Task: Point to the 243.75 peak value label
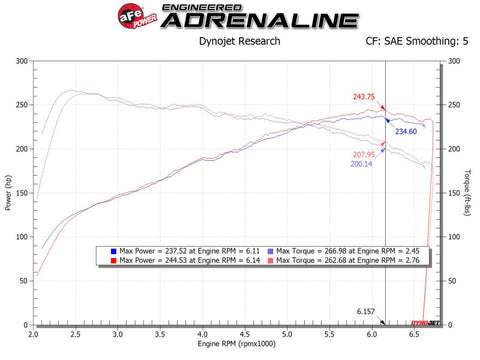364,96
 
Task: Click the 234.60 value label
406,131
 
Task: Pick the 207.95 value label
366,154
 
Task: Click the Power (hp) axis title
8,192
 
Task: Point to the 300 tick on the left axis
22,61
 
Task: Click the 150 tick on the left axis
22,193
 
